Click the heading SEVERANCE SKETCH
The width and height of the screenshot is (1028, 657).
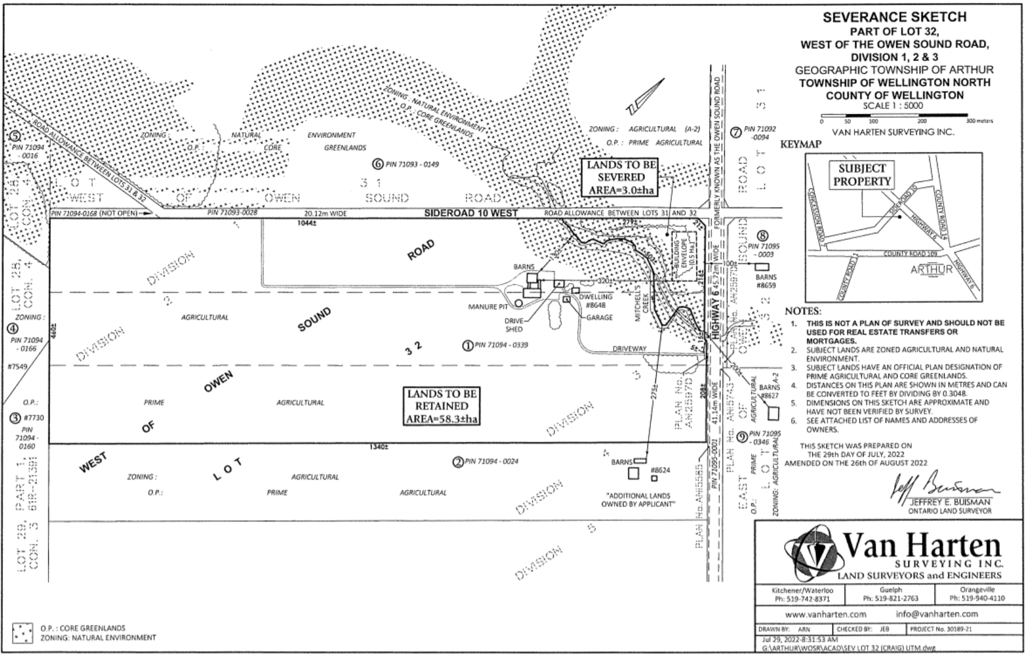[894, 17]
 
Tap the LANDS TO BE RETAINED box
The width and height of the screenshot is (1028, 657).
[442, 406]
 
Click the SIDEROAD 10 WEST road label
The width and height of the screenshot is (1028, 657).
[472, 213]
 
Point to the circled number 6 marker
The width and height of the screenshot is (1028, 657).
[377, 163]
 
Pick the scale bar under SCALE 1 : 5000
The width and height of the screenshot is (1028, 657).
[894, 115]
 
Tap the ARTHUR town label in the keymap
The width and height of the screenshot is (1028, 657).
[931, 269]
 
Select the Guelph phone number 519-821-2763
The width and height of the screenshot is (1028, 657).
[890, 598]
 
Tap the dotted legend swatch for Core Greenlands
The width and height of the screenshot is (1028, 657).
[23, 633]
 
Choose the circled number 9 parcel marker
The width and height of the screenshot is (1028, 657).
[741, 436]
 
